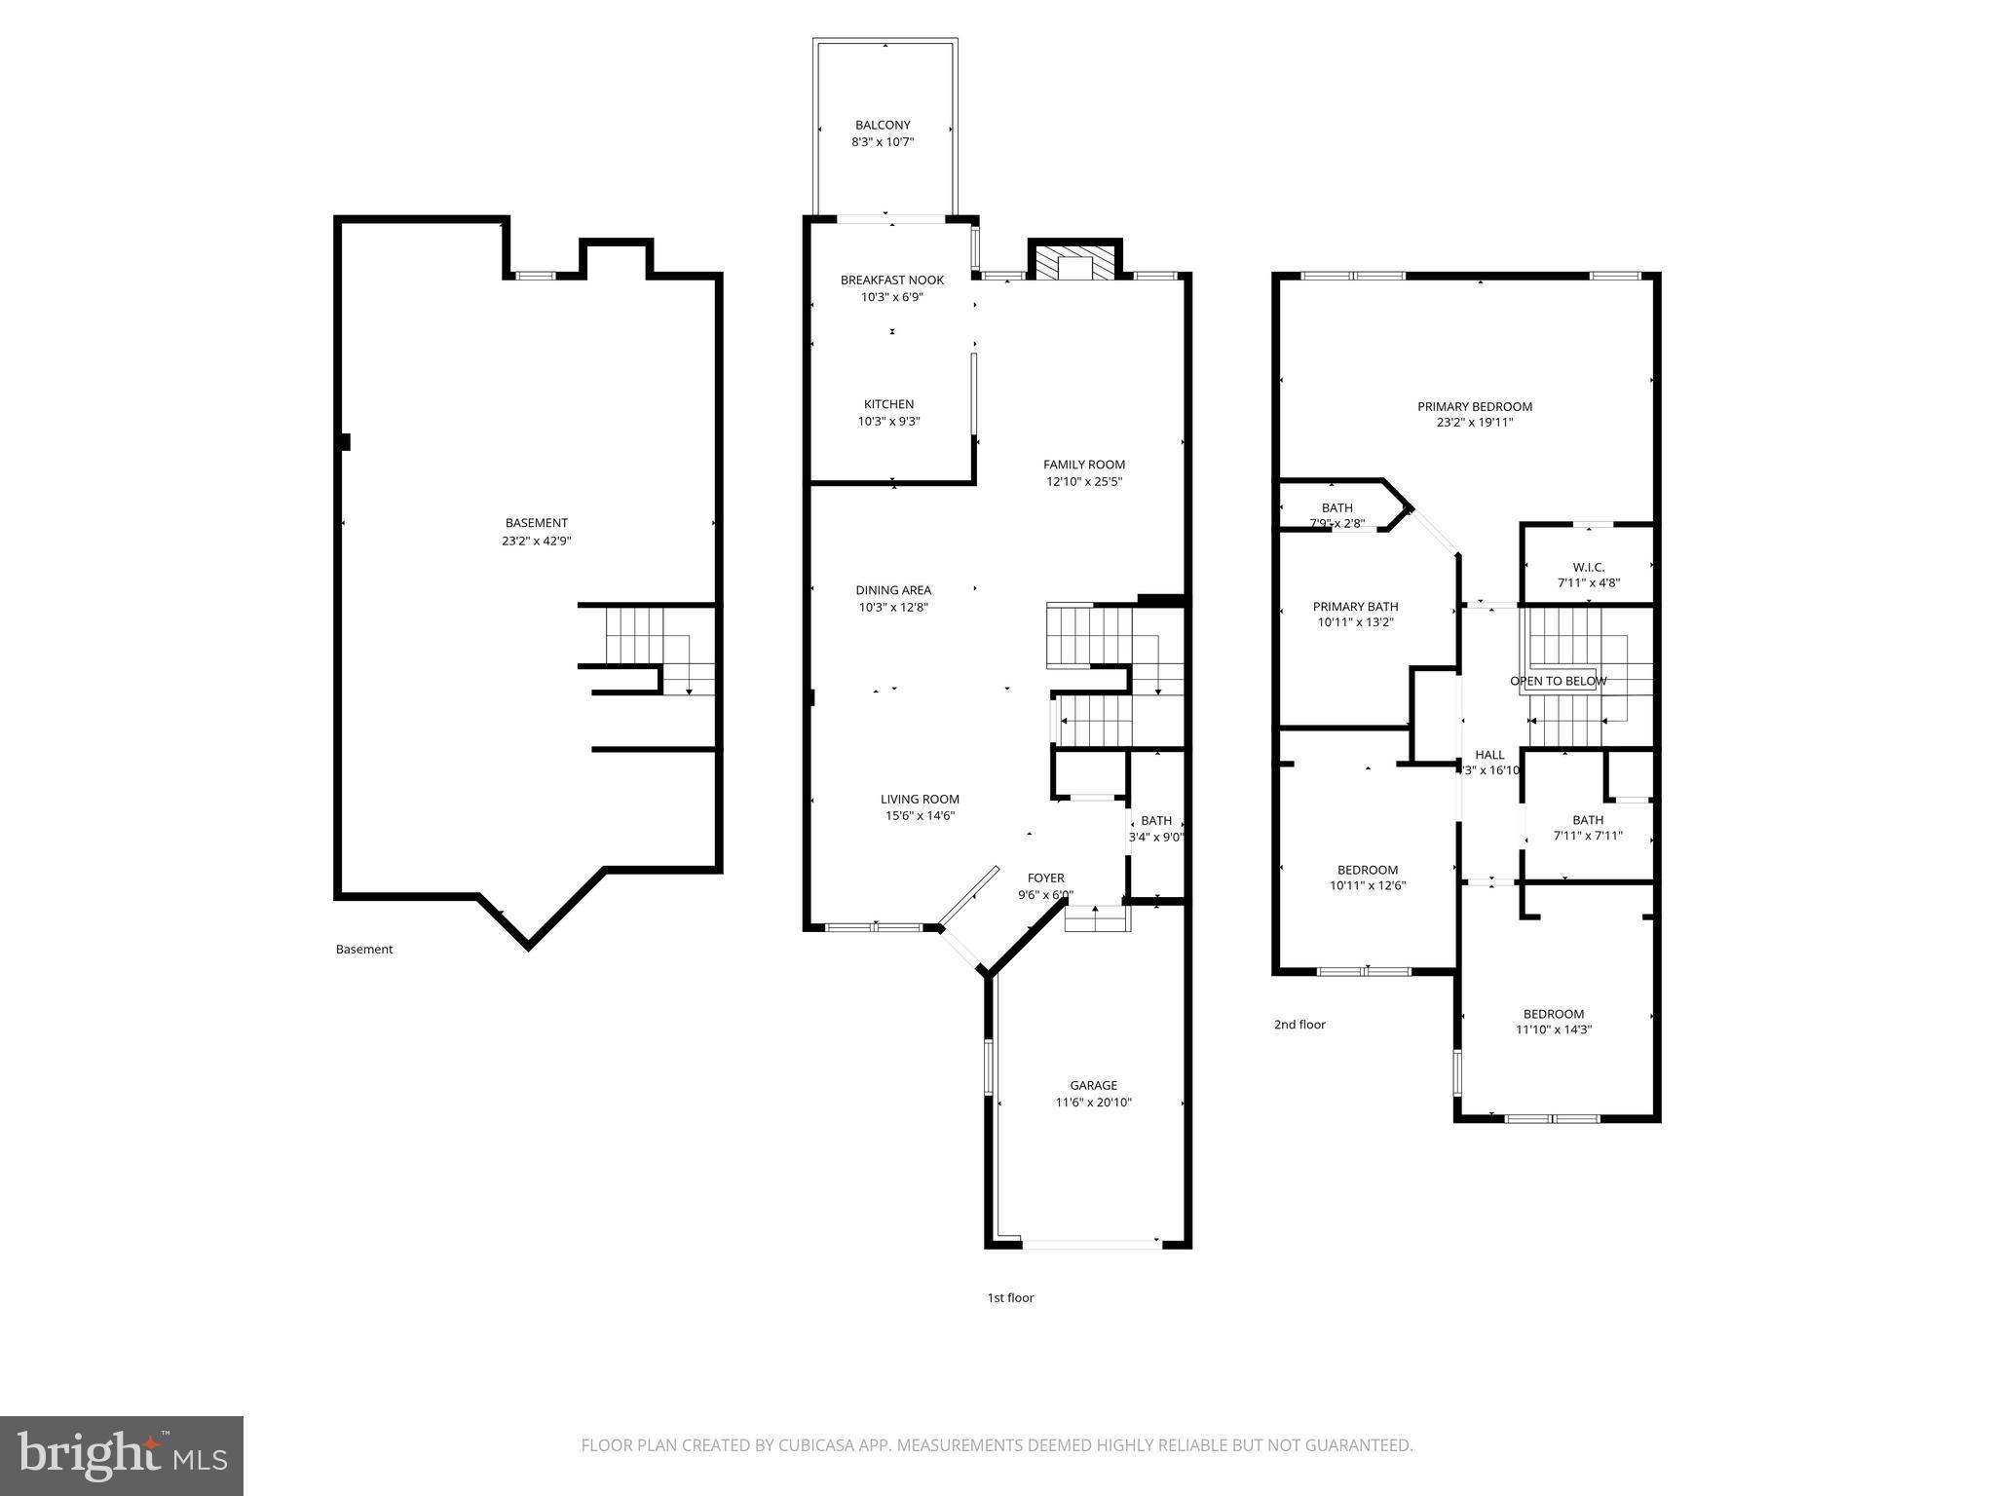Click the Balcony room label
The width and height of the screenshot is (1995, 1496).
click(883, 125)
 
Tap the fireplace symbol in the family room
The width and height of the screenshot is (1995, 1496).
click(1075, 264)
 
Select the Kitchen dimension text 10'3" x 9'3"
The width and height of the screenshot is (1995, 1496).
click(888, 422)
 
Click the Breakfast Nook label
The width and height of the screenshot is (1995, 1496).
click(892, 280)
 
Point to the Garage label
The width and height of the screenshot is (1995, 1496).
click(1093, 1085)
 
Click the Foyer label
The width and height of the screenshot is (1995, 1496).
click(1045, 878)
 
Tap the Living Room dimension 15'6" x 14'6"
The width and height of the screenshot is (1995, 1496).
click(920, 816)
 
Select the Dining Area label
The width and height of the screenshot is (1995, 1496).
click(893, 589)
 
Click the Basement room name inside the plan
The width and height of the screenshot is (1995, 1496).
click(536, 523)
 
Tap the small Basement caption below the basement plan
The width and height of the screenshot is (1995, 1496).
click(364, 949)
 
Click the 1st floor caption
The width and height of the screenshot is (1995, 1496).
click(1010, 1297)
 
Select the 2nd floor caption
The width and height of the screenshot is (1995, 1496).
click(1299, 1025)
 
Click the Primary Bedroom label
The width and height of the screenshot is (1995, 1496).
click(1475, 406)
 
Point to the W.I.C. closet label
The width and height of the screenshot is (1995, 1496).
click(1588, 567)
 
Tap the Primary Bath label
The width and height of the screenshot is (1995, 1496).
click(1355, 606)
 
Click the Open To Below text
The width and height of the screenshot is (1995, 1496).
click(1558, 681)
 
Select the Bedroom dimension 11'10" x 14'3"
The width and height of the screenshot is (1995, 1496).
click(1554, 1029)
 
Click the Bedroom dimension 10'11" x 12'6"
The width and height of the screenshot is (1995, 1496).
click(1368, 886)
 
